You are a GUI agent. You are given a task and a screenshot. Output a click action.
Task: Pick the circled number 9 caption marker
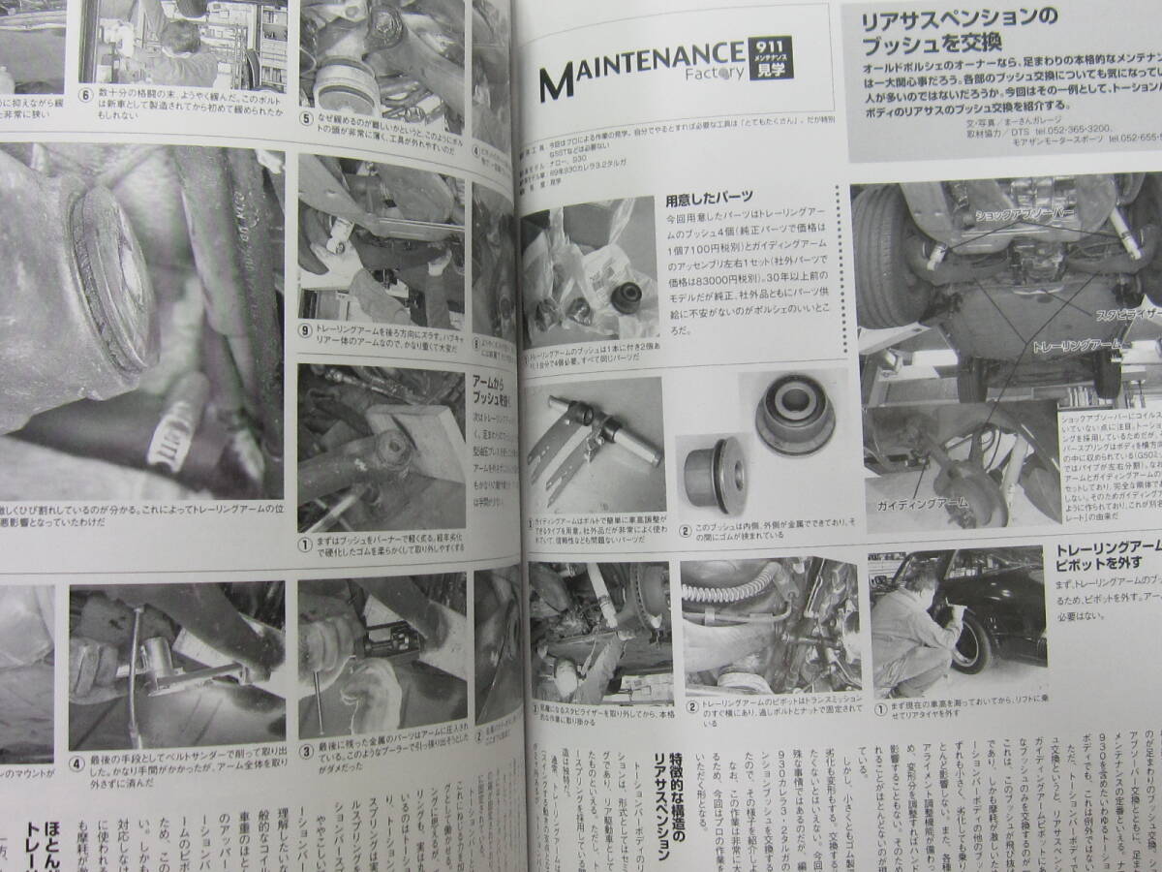pyautogui.click(x=307, y=329)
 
